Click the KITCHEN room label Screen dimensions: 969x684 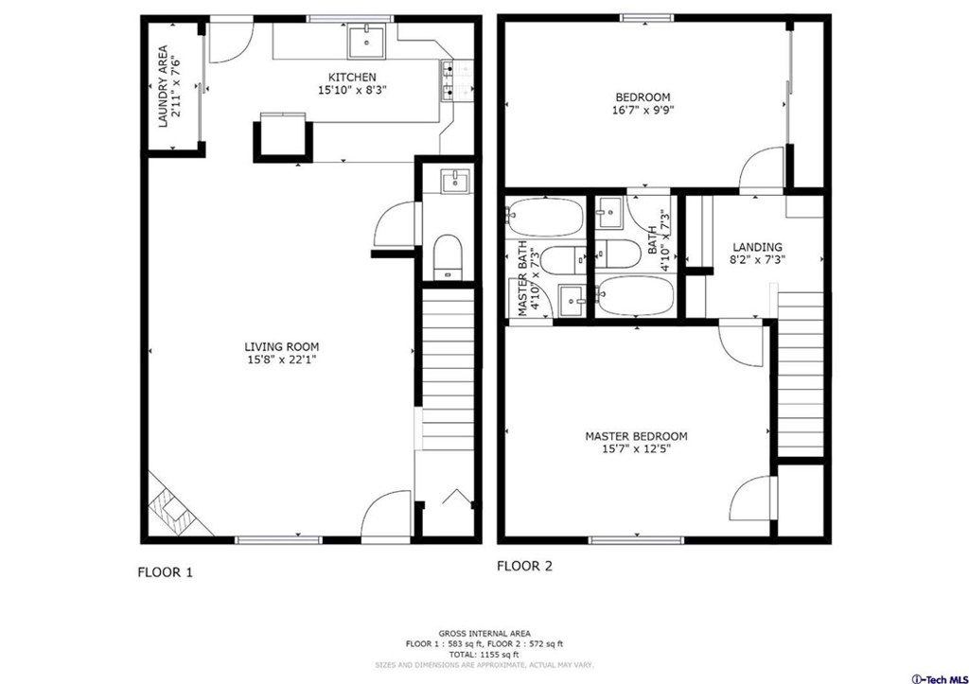(352, 78)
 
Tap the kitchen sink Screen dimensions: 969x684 (366, 42)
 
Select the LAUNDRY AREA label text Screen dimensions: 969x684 (163, 86)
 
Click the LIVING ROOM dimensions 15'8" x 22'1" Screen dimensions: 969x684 (282, 359)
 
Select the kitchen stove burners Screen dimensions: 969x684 (449, 79)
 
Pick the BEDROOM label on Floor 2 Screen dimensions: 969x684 (643, 97)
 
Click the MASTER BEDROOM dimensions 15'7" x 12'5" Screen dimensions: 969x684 (637, 449)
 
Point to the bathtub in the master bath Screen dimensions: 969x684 (544, 217)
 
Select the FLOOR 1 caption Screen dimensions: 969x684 (165, 572)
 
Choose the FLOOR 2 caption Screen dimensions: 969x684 (524, 566)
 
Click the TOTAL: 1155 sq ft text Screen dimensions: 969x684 (484, 655)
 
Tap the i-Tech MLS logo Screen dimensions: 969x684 (939, 678)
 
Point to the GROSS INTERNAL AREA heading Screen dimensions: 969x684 (484, 633)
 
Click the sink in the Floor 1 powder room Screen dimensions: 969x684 (455, 181)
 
